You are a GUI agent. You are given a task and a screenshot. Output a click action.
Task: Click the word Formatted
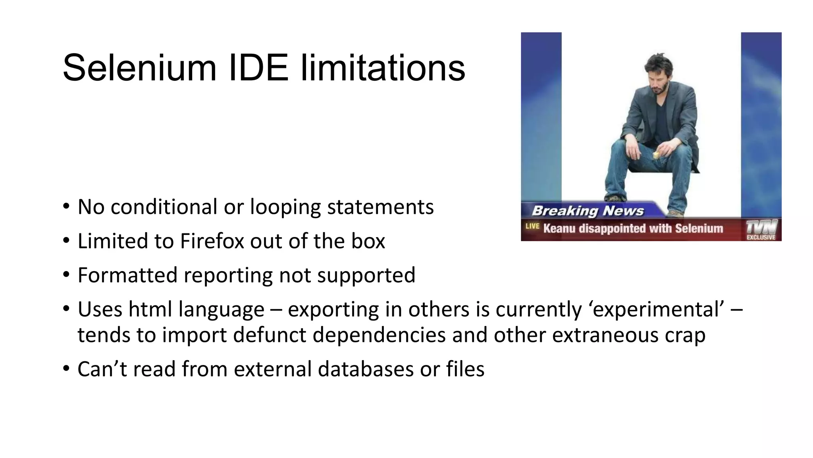point(127,275)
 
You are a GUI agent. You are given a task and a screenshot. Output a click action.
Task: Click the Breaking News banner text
point(588,211)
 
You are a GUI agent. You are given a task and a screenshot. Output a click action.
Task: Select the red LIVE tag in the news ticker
point(532,226)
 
